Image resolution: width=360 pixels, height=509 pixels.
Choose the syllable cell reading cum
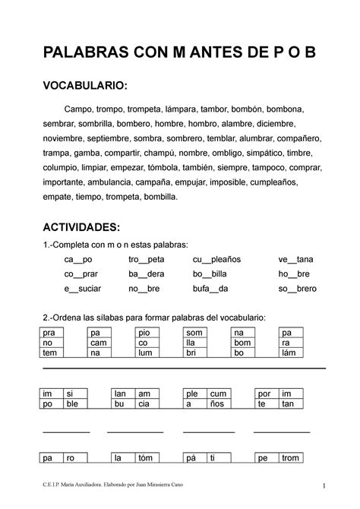pos(218,394)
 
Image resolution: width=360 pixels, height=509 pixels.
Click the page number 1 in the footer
pos(323,486)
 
